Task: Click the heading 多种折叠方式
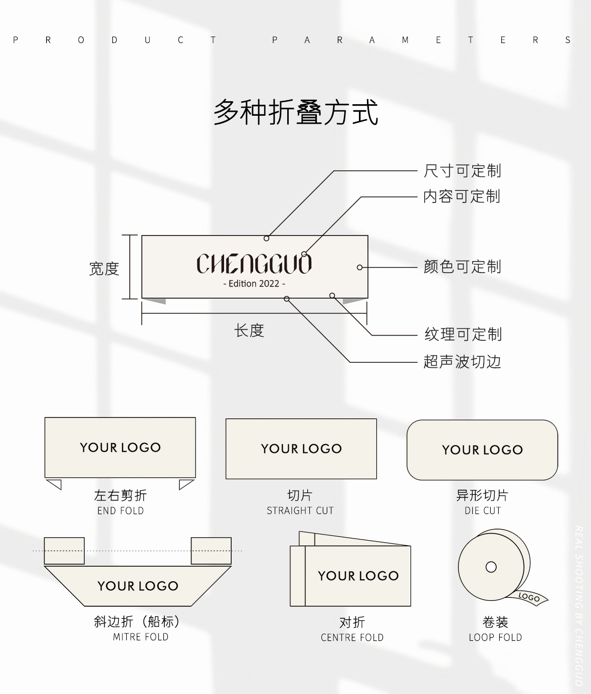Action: click(296, 112)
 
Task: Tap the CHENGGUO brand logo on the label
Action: click(254, 264)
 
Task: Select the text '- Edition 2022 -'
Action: click(254, 284)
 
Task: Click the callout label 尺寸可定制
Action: click(462, 171)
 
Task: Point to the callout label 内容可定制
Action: click(462, 196)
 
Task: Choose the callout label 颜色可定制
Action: click(462, 267)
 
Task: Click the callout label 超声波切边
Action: click(462, 361)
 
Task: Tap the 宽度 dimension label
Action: click(104, 269)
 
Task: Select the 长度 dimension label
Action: click(249, 331)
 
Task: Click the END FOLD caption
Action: click(120, 511)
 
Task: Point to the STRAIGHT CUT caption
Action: click(300, 511)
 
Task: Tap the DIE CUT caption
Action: click(482, 511)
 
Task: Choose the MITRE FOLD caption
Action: click(140, 637)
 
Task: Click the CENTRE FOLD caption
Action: click(352, 637)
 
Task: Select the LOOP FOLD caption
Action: click(495, 637)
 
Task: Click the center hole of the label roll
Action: click(491, 567)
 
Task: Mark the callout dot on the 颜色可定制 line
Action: click(359, 268)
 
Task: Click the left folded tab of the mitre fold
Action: click(64, 551)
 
